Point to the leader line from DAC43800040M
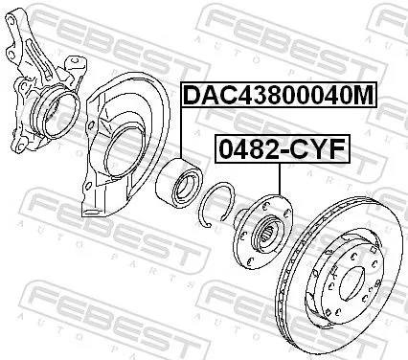[x=182, y=134]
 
